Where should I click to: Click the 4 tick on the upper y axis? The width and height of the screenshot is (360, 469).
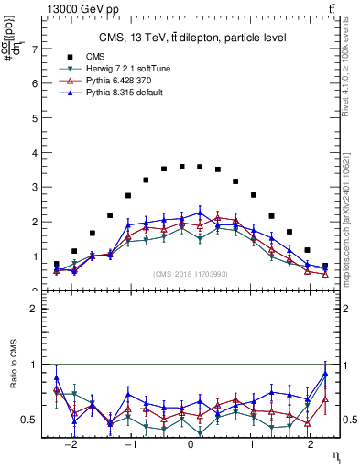tap(35, 152)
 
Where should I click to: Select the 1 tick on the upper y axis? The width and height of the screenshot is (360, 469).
tap(35, 256)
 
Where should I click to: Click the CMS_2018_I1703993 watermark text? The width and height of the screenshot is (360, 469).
tap(191, 274)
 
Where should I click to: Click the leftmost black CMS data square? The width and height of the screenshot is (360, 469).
tap(57, 264)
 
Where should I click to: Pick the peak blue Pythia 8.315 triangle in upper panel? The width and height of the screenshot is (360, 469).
tap(200, 213)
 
